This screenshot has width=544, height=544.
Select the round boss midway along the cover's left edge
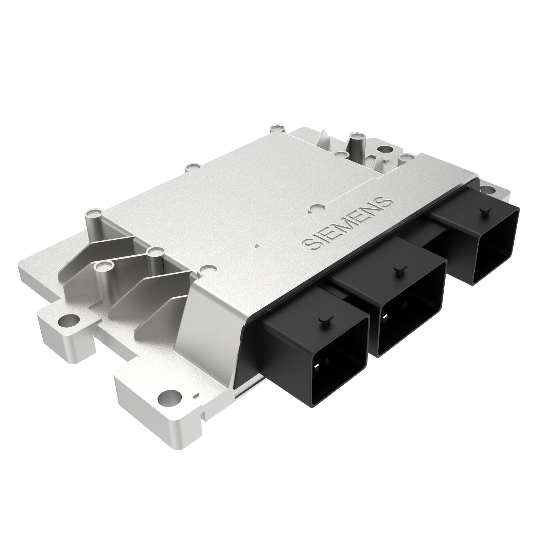192,167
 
